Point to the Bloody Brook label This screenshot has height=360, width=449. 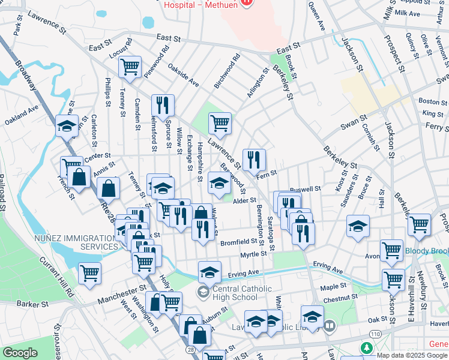click(427, 250)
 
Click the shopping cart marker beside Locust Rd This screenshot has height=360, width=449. click(130, 67)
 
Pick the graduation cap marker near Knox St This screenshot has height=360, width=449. click(358, 227)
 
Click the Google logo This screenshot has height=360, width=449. click(20, 353)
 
